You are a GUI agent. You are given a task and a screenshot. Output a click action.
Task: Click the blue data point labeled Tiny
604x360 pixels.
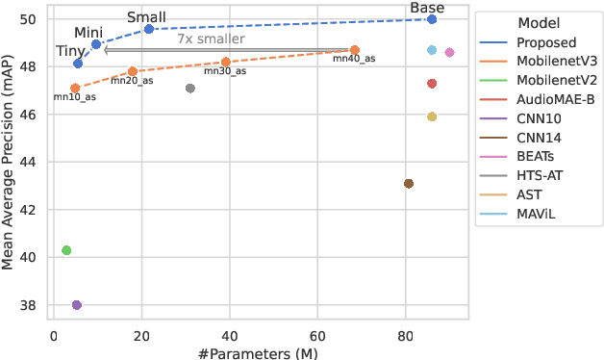[x=78, y=64]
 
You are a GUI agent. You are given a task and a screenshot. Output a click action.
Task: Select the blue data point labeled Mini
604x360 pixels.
[x=96, y=44]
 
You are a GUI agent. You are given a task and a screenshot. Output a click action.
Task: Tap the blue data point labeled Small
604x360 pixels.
[x=149, y=29]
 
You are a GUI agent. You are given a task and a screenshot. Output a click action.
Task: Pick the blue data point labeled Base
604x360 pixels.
[x=432, y=19]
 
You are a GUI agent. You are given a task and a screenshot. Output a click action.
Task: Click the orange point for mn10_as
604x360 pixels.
[x=75, y=88]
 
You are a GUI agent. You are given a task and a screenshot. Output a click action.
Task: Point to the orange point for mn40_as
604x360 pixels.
[x=355, y=50]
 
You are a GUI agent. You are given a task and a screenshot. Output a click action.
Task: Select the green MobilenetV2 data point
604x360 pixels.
[x=66, y=250]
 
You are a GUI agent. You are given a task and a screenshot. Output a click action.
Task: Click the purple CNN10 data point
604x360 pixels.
[x=77, y=305]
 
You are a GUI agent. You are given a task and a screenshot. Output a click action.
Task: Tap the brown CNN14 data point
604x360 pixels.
[x=409, y=184]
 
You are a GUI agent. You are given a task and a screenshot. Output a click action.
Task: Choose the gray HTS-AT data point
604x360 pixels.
[x=190, y=89]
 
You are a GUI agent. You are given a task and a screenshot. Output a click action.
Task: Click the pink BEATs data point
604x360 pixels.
[x=449, y=52]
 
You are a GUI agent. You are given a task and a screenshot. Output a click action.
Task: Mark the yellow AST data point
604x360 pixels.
[x=432, y=116]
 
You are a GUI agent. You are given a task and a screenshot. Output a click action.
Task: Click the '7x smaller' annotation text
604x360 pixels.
[x=211, y=39]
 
